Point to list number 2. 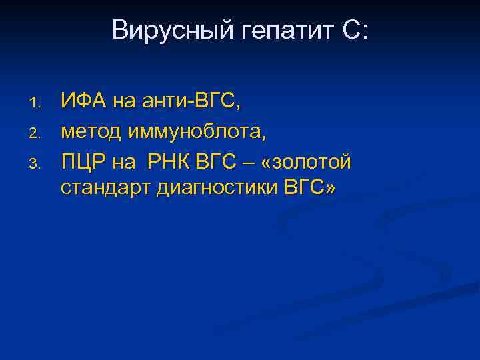click(37, 132)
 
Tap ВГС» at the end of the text click(311, 188)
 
